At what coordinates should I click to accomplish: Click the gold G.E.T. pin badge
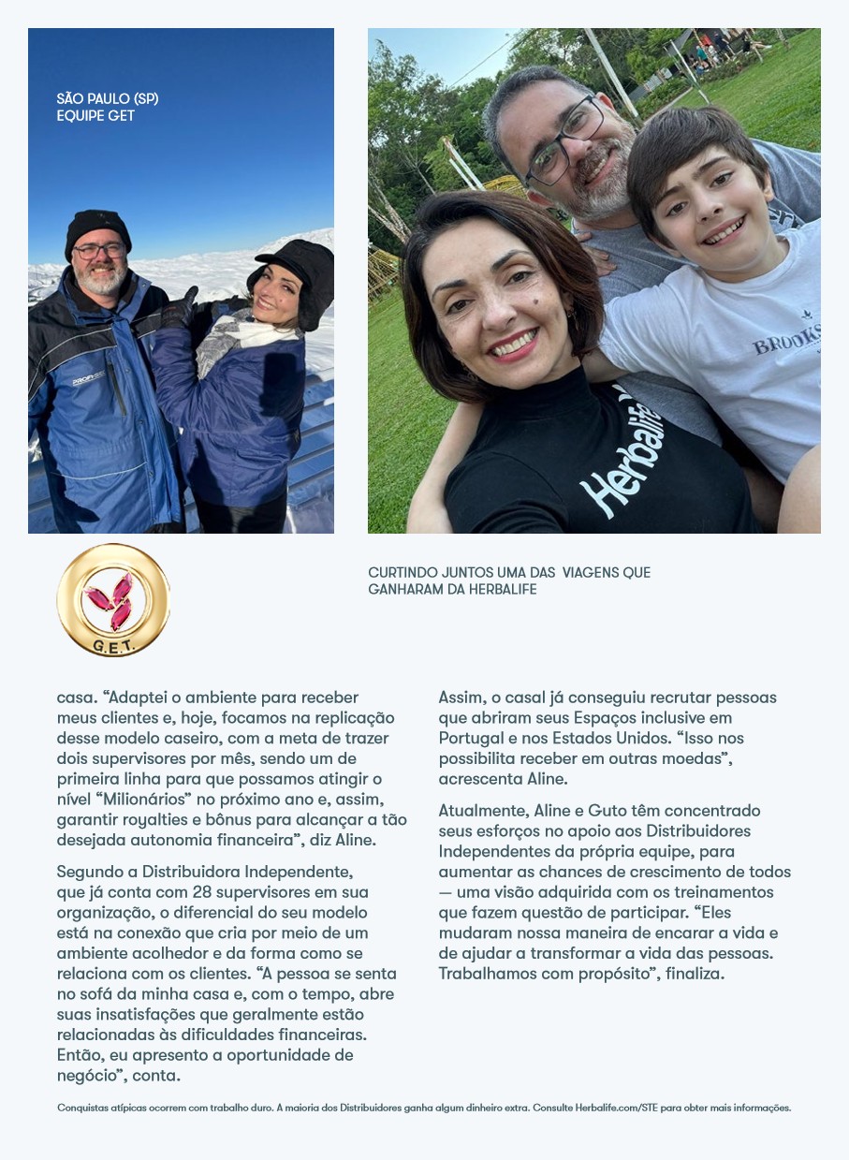click(113, 600)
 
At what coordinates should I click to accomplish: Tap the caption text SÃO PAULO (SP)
click(108, 98)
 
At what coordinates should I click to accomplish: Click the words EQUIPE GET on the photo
click(95, 116)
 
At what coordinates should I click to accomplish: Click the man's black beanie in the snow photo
click(96, 228)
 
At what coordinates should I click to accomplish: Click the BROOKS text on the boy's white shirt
click(786, 340)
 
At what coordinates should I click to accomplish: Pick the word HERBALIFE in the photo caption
click(501, 590)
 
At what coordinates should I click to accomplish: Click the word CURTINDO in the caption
click(402, 572)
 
